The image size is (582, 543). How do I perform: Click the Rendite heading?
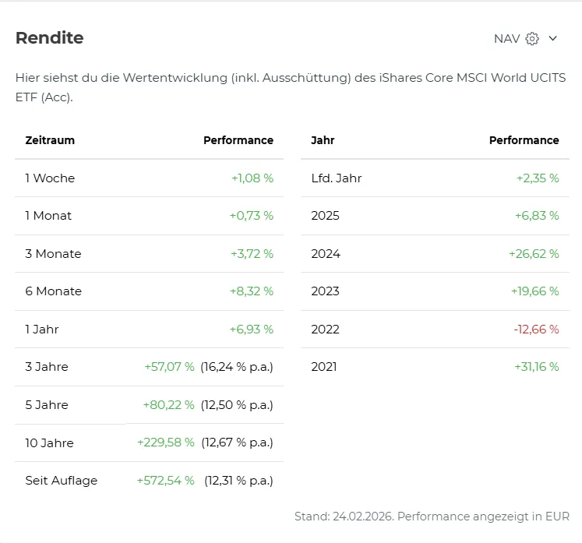[x=49, y=38]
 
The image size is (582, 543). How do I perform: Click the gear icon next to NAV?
[x=532, y=39]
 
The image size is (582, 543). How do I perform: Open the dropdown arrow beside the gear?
[x=553, y=39]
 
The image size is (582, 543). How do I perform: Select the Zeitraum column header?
[x=50, y=141]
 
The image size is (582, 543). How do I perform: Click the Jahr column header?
[x=323, y=141]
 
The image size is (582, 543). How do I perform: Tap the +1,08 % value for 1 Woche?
[x=252, y=178]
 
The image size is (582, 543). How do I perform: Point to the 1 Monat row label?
[x=48, y=216]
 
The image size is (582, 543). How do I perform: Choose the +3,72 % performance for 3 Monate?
[x=252, y=254]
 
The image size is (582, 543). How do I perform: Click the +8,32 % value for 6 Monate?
[x=252, y=291]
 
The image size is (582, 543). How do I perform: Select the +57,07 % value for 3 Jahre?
[x=169, y=367]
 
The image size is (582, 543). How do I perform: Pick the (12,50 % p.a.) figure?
[x=237, y=405]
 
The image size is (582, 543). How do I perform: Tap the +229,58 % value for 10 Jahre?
[x=165, y=443]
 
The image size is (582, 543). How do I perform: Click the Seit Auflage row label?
[x=62, y=481]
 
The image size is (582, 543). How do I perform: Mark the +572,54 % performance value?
[x=165, y=481]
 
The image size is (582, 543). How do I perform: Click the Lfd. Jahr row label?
[x=337, y=178]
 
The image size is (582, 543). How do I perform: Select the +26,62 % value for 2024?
[x=534, y=254]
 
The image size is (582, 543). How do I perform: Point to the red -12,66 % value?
[x=536, y=330]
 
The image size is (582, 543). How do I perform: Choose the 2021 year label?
[x=324, y=367]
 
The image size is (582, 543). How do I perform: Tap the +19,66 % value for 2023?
[x=535, y=291]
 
